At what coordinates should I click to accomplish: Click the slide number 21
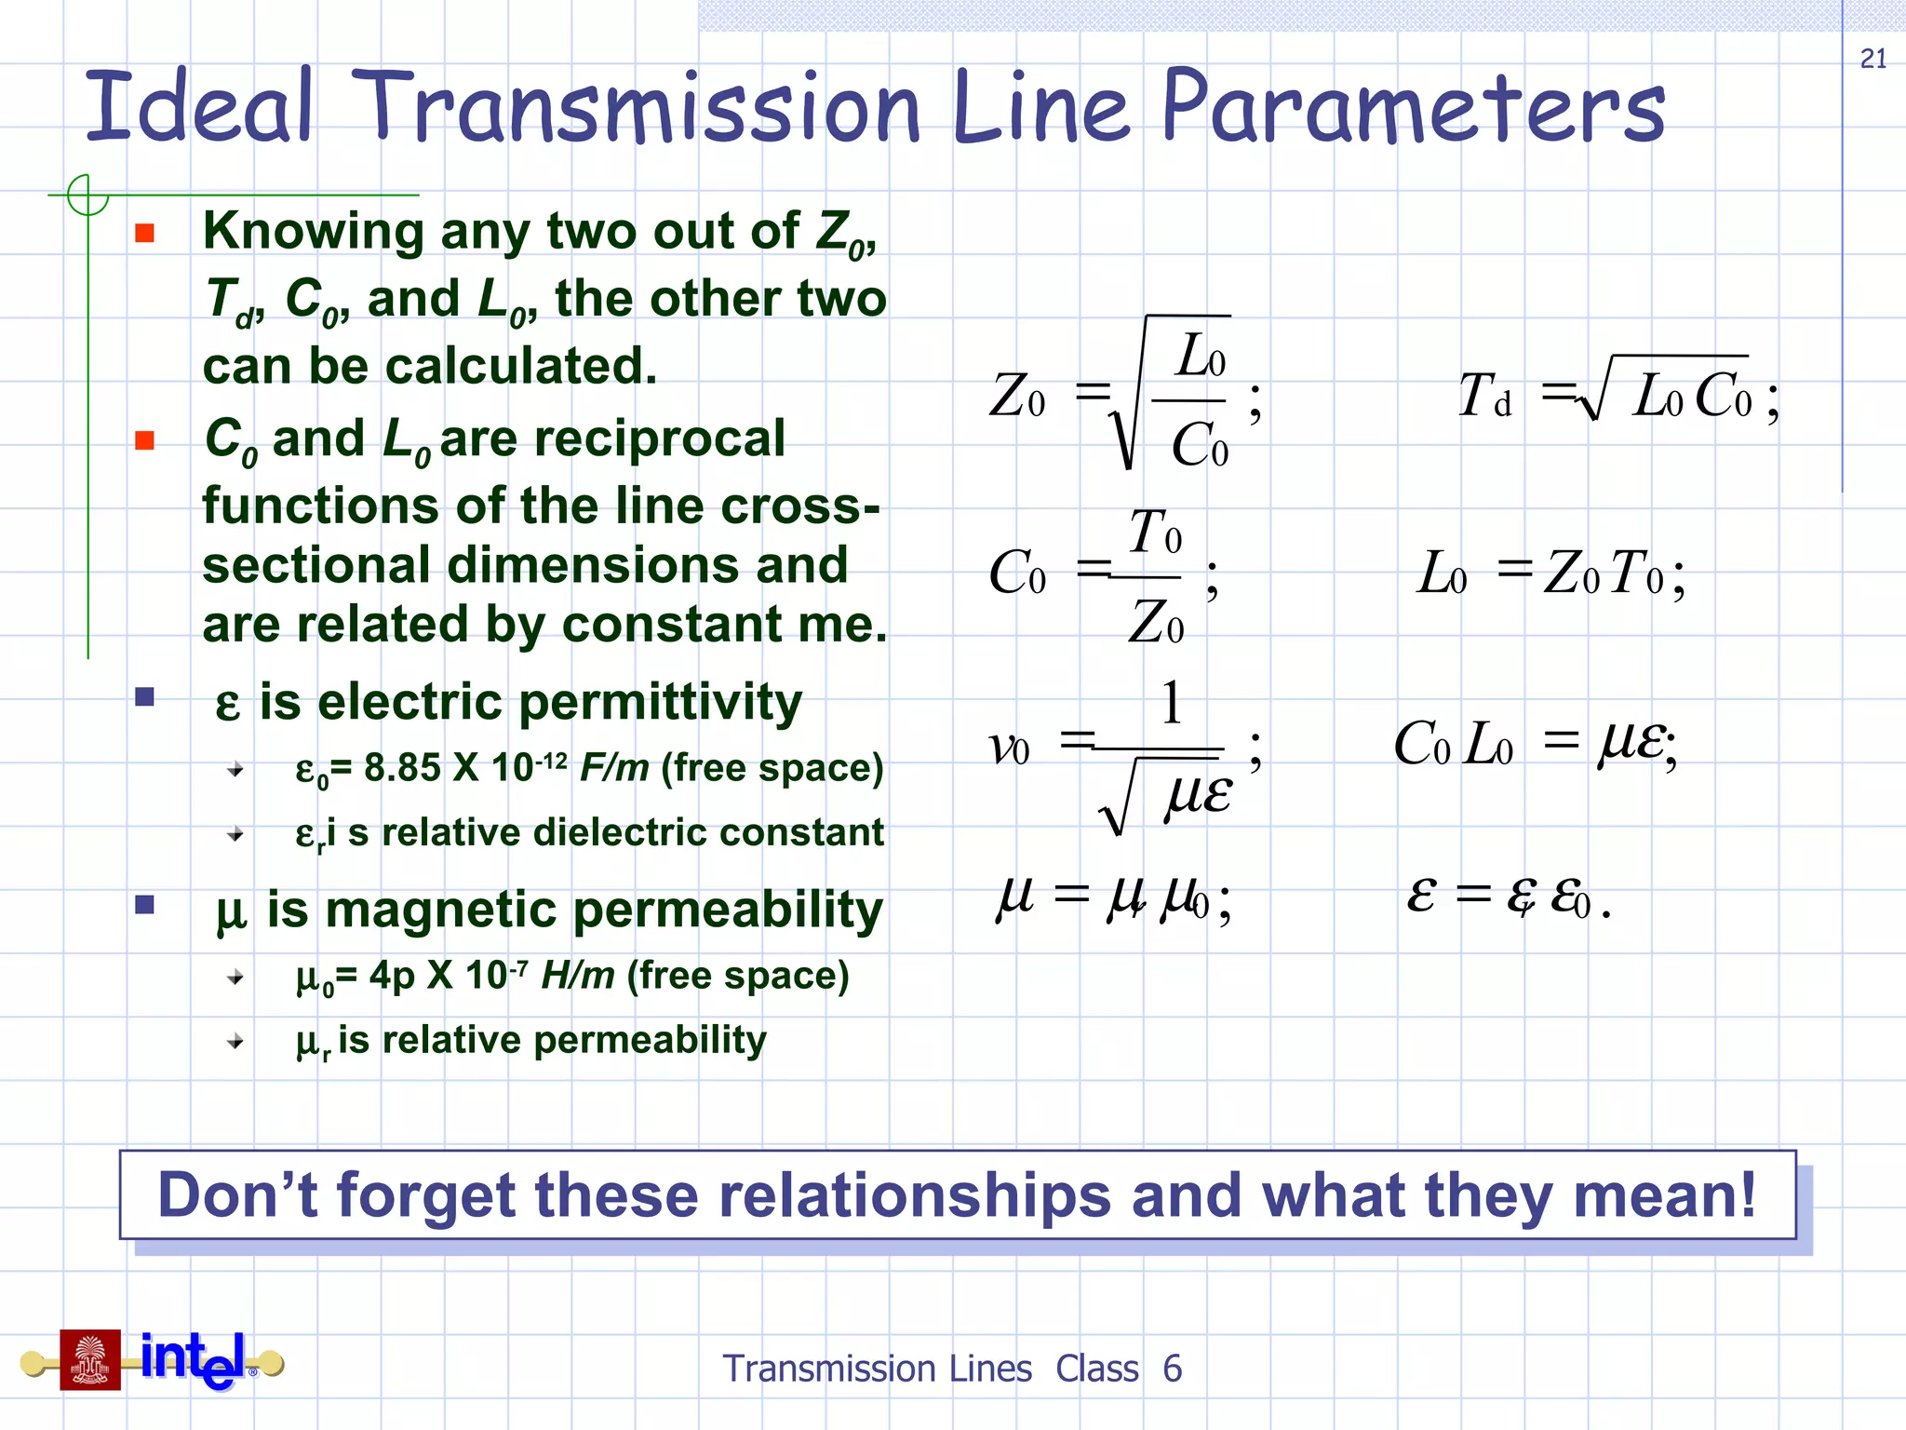[1872, 59]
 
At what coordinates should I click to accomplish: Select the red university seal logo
[90, 1359]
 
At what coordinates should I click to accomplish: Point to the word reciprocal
[612, 438]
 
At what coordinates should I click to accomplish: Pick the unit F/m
[614, 768]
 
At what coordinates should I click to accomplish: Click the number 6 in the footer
[1172, 1369]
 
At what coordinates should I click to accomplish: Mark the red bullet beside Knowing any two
[144, 233]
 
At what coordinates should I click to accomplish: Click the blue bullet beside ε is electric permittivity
[144, 697]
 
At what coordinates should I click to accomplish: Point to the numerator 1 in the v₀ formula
[1171, 703]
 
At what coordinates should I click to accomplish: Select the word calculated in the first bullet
[521, 366]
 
